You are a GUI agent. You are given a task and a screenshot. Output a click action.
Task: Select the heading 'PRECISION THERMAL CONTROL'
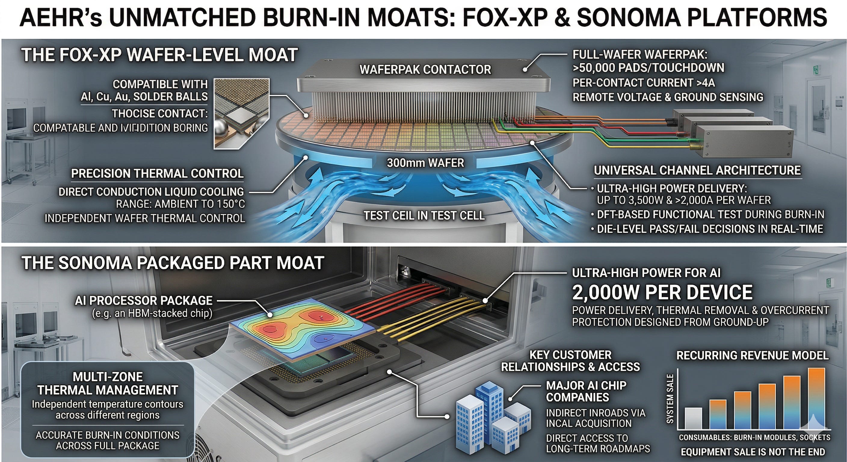click(158, 174)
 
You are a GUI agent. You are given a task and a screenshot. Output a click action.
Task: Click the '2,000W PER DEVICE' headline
click(662, 292)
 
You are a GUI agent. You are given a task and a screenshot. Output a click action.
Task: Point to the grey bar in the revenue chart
click(692, 419)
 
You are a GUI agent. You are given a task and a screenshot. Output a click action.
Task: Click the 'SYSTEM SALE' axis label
click(670, 399)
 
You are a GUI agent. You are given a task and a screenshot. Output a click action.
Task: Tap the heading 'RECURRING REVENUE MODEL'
click(752, 356)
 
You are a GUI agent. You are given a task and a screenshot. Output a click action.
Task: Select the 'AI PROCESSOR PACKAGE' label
click(144, 300)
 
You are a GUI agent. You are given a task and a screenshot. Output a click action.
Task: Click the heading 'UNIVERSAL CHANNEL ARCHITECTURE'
click(698, 170)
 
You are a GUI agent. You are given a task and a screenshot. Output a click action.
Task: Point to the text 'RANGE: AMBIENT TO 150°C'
click(180, 204)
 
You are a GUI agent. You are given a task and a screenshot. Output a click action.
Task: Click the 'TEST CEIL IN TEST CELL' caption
click(424, 216)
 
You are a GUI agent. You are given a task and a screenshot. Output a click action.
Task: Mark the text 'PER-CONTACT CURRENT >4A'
click(644, 83)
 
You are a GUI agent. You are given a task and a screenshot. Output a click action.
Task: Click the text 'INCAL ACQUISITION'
click(589, 423)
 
